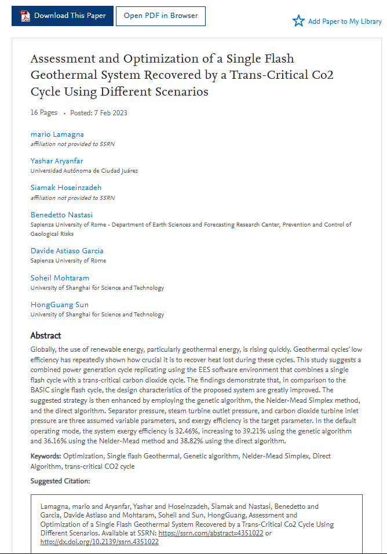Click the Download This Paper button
click(x=63, y=16)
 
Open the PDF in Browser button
click(x=160, y=16)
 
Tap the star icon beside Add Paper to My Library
click(x=298, y=21)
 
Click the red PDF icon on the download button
click(x=25, y=16)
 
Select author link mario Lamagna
click(x=57, y=134)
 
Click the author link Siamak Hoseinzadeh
click(x=66, y=188)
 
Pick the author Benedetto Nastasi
click(x=61, y=215)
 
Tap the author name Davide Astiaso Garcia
click(x=67, y=251)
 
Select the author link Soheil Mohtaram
click(x=60, y=278)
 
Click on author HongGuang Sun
click(x=60, y=305)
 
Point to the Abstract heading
click(x=46, y=336)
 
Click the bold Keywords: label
click(x=46, y=456)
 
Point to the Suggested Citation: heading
click(x=60, y=481)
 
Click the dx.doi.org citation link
click(x=99, y=542)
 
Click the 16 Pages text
click(x=44, y=112)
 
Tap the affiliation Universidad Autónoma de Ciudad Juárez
click(x=84, y=171)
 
